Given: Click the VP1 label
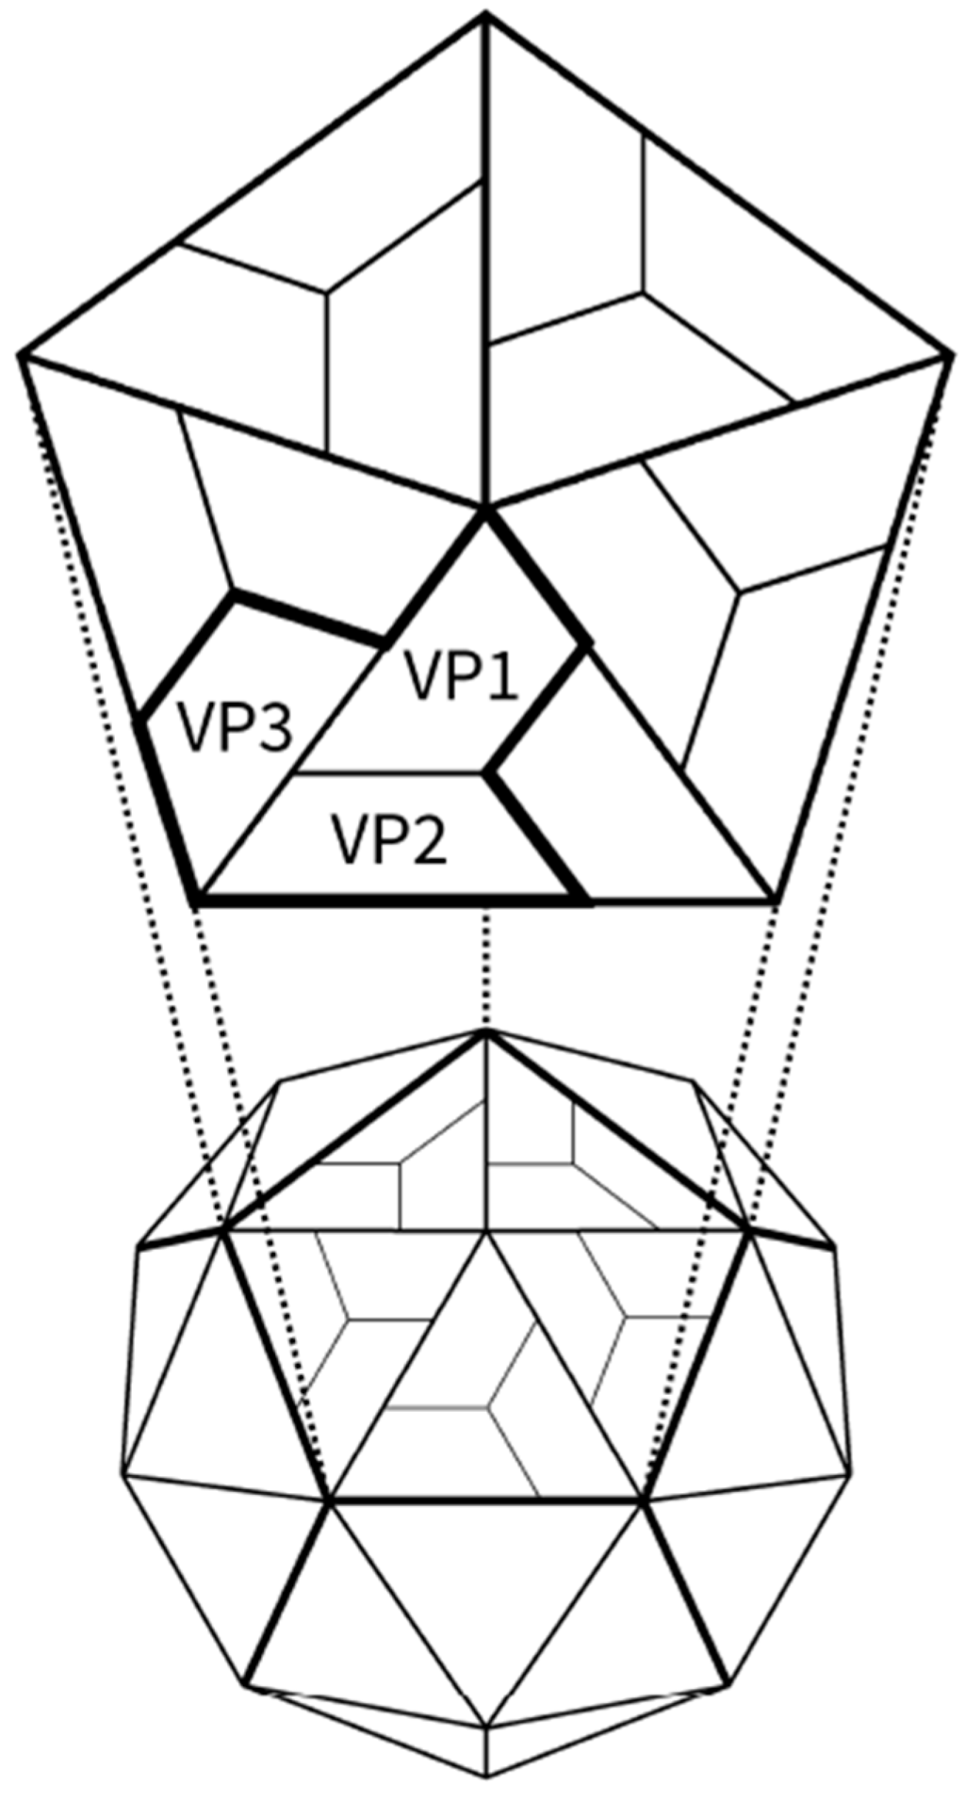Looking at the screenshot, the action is tap(462, 675).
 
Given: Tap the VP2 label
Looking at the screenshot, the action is tap(389, 839).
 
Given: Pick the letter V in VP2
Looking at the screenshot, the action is tap(346, 839).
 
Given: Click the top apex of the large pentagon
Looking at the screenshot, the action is tap(485, 15).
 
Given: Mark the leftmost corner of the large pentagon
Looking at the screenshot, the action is tap(20, 355).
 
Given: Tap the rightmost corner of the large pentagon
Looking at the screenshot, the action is tap(951, 355).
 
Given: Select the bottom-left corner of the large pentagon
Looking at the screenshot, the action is tap(195, 902).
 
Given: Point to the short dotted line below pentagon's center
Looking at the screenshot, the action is tap(485, 970).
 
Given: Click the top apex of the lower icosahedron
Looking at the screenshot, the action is tap(485, 1033).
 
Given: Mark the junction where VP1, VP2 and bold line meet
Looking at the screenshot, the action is tap(488, 774).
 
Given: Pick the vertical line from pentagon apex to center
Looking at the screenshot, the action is tap(485, 264).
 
